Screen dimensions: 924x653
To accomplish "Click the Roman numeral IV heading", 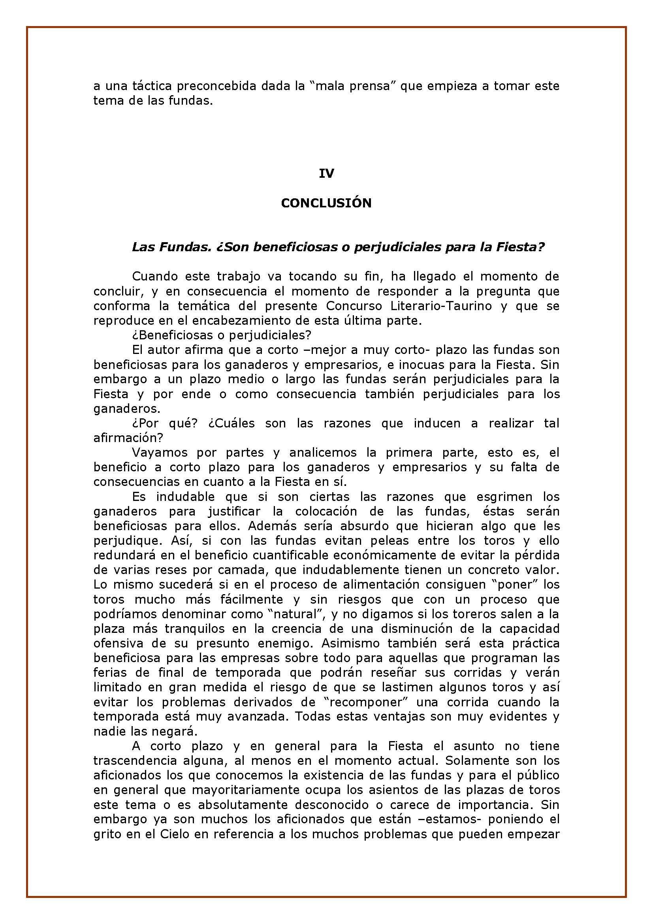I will click(326, 173).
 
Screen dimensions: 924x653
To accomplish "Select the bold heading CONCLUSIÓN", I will click(326, 203).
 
